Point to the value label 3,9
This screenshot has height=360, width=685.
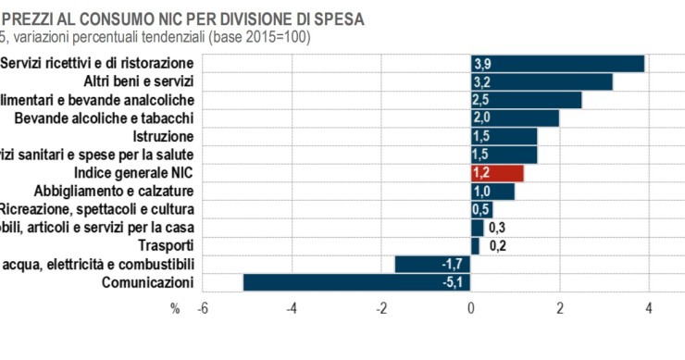[482, 63]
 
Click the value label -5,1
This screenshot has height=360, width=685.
[451, 282]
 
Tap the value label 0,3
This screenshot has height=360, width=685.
[497, 228]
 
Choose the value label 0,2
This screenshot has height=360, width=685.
[495, 246]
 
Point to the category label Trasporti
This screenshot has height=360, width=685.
[166, 245]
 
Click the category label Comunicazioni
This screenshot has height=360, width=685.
[148, 282]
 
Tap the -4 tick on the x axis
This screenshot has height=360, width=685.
[292, 308]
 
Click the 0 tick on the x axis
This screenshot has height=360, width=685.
[471, 308]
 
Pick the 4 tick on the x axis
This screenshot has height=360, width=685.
[648, 308]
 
